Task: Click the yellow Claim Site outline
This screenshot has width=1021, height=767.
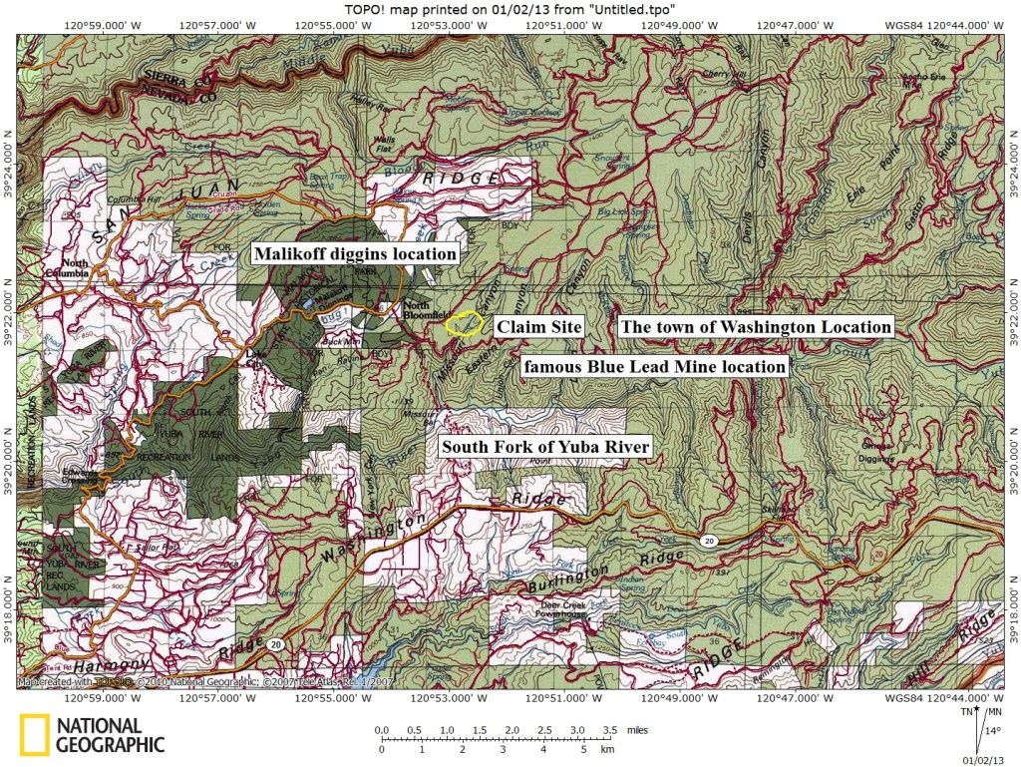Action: (463, 325)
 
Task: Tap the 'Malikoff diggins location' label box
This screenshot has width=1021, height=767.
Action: (355, 253)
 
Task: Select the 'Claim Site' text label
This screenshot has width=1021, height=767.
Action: (539, 326)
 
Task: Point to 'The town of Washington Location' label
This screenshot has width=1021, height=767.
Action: (755, 326)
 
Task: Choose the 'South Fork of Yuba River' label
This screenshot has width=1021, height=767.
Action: (545, 447)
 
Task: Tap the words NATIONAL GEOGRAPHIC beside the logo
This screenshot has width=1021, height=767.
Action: (110, 734)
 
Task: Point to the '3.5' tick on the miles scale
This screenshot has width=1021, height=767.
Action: (611, 730)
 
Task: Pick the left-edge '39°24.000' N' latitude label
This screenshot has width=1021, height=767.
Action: (9, 158)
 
